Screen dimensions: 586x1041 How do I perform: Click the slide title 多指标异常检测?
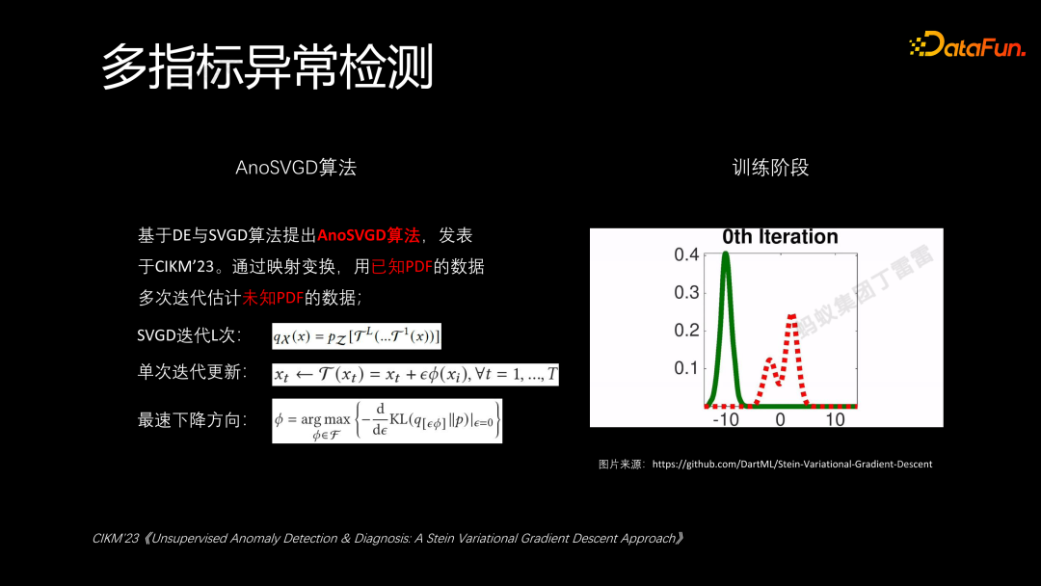268,67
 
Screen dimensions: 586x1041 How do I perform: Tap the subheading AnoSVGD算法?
296,167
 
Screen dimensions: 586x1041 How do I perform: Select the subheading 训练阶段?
770,167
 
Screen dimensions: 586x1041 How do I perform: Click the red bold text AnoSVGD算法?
368,235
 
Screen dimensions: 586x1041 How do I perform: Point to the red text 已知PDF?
402,267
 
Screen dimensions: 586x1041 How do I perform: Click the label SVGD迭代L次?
190,336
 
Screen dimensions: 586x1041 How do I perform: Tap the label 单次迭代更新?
192,373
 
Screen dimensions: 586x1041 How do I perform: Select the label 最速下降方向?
192,420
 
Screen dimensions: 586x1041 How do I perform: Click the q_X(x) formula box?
357,336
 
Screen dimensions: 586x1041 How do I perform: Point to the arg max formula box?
387,421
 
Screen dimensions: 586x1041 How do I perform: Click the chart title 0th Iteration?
780,237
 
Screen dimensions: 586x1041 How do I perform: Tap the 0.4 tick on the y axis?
686,255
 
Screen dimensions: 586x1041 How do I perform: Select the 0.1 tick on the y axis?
686,367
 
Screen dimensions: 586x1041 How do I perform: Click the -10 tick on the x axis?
725,419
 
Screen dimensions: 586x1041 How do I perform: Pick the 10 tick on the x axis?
835,419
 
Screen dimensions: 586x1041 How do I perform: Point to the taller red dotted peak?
791,316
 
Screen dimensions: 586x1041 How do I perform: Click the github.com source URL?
791,464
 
